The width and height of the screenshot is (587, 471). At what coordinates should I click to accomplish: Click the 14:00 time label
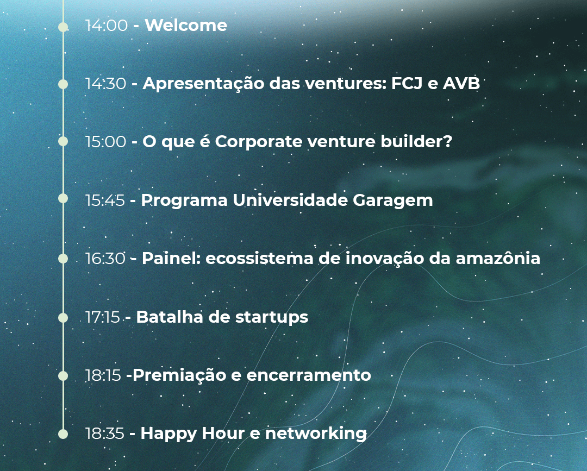click(x=107, y=26)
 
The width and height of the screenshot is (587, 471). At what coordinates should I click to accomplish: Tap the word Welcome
click(x=186, y=26)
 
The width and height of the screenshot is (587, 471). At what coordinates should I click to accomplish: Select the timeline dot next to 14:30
click(x=63, y=84)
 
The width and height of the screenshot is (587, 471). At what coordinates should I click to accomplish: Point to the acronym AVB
click(x=461, y=84)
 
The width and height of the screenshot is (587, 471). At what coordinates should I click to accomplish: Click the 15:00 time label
click(x=105, y=142)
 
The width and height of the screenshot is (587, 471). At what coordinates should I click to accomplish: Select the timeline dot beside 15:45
click(x=63, y=198)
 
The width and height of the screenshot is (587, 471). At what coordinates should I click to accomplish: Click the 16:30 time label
click(x=105, y=259)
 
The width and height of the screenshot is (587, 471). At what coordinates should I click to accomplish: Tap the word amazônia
click(x=498, y=258)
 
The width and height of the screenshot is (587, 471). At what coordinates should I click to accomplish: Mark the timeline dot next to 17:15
click(x=63, y=318)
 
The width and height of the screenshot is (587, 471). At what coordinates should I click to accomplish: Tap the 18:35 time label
click(x=105, y=434)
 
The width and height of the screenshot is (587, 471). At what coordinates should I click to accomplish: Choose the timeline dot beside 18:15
click(x=63, y=375)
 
